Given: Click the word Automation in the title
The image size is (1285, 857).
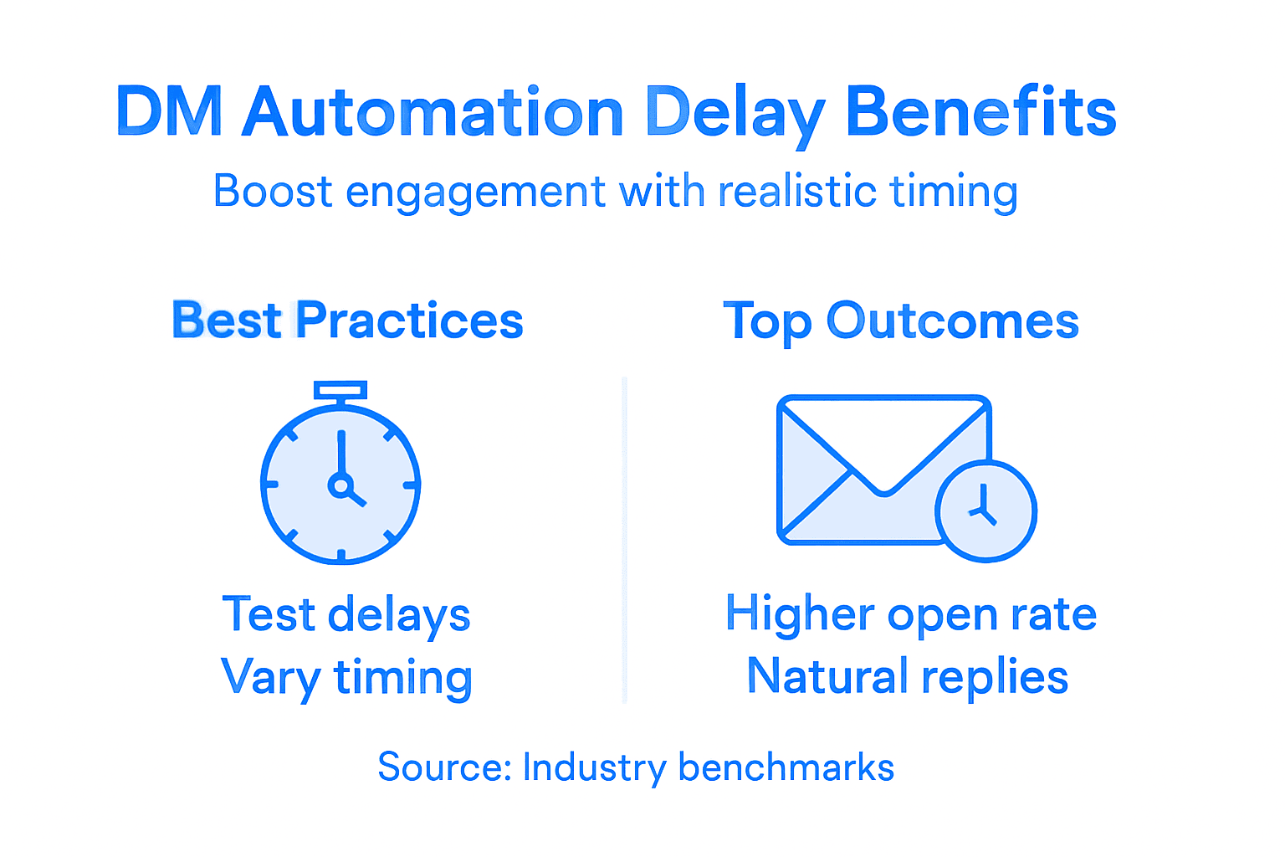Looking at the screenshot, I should pyautogui.click(x=433, y=113).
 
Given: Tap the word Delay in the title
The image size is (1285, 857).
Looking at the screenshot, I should pyautogui.click(x=735, y=113).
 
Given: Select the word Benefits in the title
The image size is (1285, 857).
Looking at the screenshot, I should pyautogui.click(x=980, y=113).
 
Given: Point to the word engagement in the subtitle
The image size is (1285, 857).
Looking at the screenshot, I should pyautogui.click(x=474, y=192).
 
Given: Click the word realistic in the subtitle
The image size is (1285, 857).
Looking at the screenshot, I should pyautogui.click(x=797, y=191).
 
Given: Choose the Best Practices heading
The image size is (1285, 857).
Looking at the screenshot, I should pyautogui.click(x=347, y=321).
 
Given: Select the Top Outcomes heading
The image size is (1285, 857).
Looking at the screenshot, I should pyautogui.click(x=901, y=321).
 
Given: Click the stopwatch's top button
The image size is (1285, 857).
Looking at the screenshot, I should pyautogui.click(x=340, y=390).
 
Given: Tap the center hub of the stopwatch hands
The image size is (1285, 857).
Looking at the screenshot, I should pyautogui.click(x=340, y=485).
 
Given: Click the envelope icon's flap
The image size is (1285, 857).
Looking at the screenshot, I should pyautogui.click(x=883, y=444).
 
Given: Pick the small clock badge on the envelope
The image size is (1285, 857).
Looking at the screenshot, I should pyautogui.click(x=986, y=511).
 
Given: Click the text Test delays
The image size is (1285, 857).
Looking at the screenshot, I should pyautogui.click(x=346, y=615).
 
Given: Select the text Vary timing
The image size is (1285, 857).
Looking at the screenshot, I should pyautogui.click(x=346, y=677).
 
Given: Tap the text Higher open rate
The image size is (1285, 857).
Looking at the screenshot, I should pyautogui.click(x=910, y=614).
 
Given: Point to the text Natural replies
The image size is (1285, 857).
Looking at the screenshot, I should pyautogui.click(x=908, y=676).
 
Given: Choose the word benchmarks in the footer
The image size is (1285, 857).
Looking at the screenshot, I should pyautogui.click(x=786, y=767).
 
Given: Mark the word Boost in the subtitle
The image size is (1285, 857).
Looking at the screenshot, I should pyautogui.click(x=273, y=191).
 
